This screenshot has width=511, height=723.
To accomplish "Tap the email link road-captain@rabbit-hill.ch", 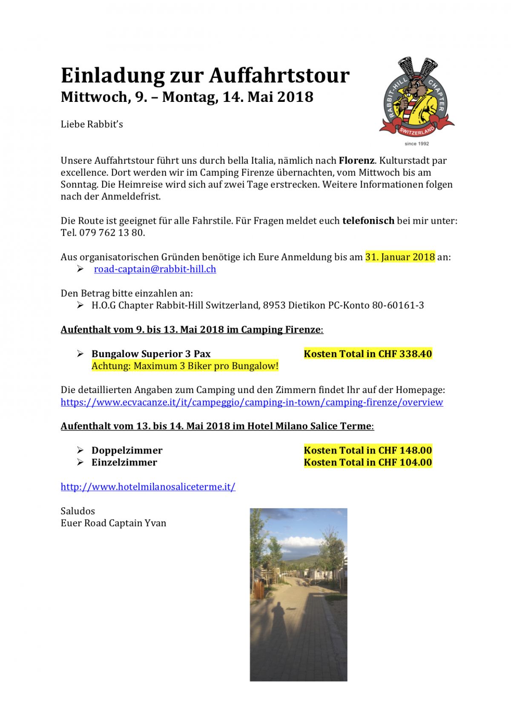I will [155, 269].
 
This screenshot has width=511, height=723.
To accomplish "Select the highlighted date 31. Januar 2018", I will [400, 257].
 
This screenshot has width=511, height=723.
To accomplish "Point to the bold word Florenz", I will [356, 161].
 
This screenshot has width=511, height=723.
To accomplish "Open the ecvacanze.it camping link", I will [252, 402].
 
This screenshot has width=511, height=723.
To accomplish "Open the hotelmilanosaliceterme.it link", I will [148, 486].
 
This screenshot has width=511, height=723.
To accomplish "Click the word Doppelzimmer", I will [127, 450].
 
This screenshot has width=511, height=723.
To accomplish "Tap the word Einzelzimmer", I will [124, 462].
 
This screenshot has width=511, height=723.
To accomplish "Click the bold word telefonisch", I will [368, 221].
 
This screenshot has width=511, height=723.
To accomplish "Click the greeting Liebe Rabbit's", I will [92, 124].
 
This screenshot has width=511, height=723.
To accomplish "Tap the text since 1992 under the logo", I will [416, 144].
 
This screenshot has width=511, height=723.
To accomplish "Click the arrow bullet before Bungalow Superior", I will [80, 353].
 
